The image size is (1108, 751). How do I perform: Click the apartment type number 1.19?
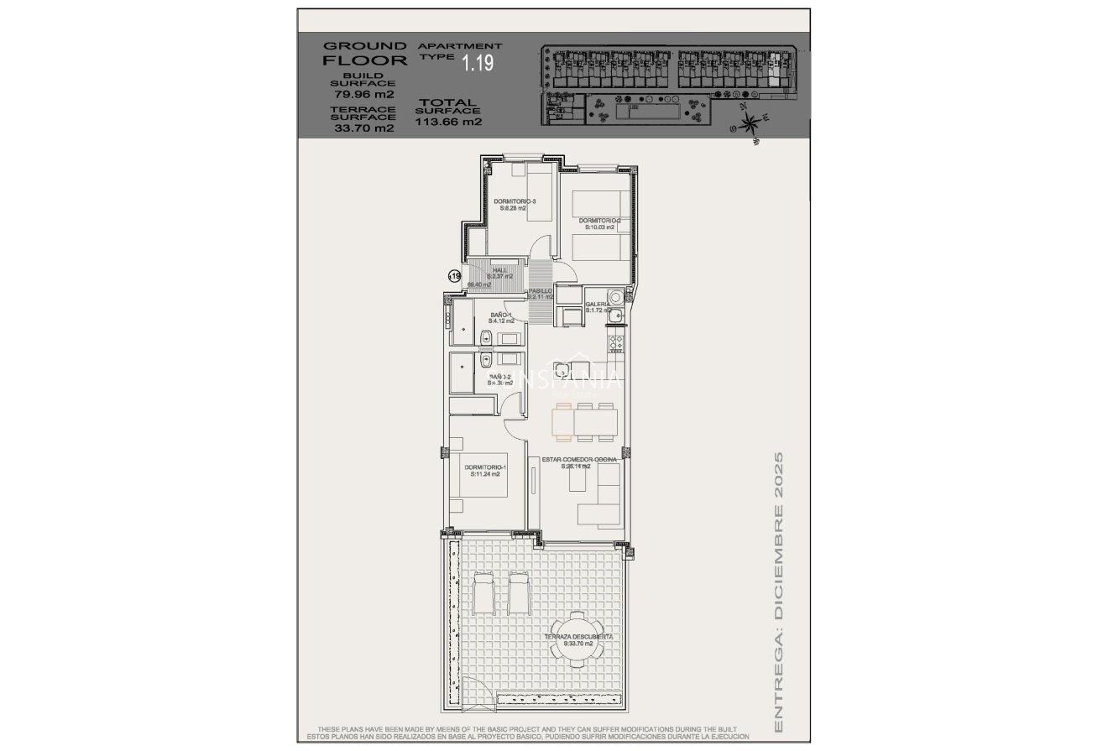(x=478, y=61)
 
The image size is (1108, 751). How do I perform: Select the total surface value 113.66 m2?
(x=448, y=121)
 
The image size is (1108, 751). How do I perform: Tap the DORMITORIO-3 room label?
(x=515, y=205)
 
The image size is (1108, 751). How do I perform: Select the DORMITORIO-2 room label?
(x=598, y=223)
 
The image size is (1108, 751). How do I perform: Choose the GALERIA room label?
(x=597, y=305)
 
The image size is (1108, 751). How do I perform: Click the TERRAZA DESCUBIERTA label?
(x=578, y=639)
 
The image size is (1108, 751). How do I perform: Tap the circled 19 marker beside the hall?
(x=455, y=275)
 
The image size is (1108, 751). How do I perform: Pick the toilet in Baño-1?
(x=486, y=338)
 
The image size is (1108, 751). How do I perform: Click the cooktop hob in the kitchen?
(x=614, y=344)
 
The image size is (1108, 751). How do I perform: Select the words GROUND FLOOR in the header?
(x=365, y=53)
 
